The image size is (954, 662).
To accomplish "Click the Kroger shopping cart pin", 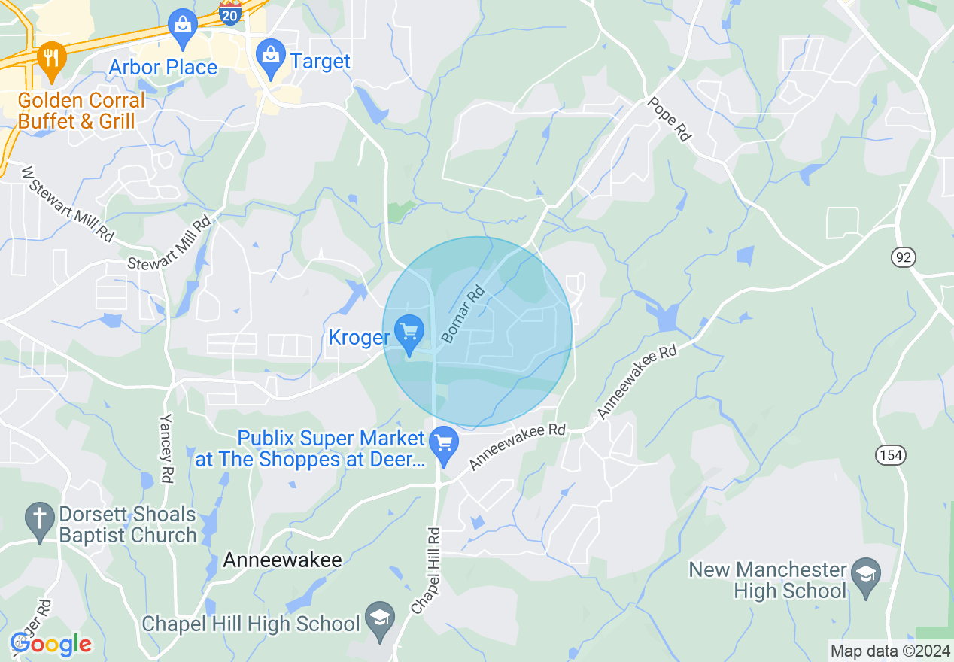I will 410,333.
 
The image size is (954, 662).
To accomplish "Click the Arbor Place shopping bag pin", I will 182,25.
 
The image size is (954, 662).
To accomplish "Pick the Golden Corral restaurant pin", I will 51,59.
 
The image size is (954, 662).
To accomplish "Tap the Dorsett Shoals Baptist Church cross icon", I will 39,518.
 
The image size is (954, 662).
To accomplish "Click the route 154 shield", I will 891,454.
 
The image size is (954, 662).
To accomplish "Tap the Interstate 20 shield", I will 231,13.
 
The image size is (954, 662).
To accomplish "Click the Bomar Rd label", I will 463,313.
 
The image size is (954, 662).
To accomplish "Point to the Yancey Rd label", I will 166,448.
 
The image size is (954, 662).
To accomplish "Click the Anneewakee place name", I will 282,560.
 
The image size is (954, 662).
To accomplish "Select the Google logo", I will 50,644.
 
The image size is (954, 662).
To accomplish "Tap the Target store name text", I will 321,61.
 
